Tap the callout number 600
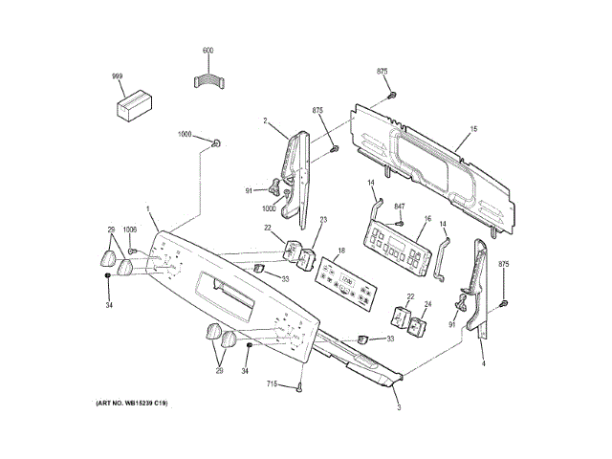coord(208,49)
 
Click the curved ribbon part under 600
coord(208,81)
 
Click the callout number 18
coord(338,251)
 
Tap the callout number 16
coord(427,220)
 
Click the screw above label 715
coord(299,385)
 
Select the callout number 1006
coord(130,230)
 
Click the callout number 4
coord(483,364)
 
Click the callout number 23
coord(323,221)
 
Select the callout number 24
coord(427,305)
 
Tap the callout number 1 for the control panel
coord(147,209)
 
